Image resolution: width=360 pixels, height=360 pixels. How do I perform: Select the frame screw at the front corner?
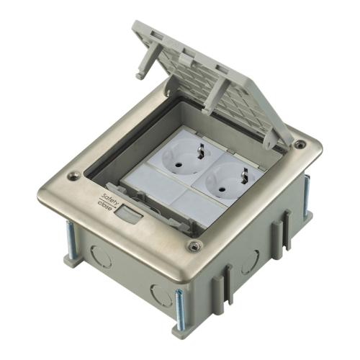pos(194,246)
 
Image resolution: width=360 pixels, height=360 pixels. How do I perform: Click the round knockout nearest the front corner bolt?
pos(161,295)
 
